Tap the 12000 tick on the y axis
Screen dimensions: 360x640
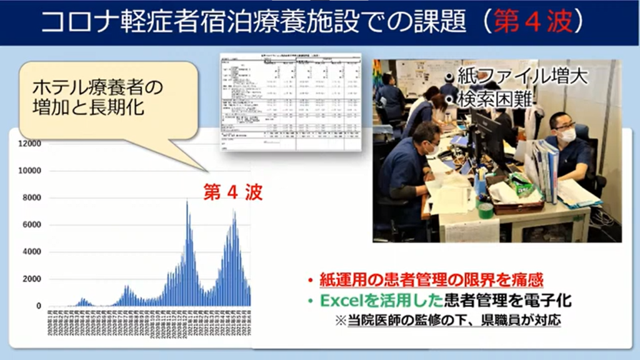coord(29,144)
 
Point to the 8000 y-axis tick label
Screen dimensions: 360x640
coord(31,198)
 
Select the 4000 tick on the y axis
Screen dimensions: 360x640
coord(31,252)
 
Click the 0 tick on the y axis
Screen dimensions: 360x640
coord(38,306)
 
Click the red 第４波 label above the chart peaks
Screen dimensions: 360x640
coord(232,192)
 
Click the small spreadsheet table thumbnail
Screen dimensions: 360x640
coord(291,101)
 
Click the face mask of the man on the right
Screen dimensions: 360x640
coord(566,134)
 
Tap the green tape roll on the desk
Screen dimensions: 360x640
coord(485,209)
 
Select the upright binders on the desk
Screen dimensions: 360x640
coord(545,169)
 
